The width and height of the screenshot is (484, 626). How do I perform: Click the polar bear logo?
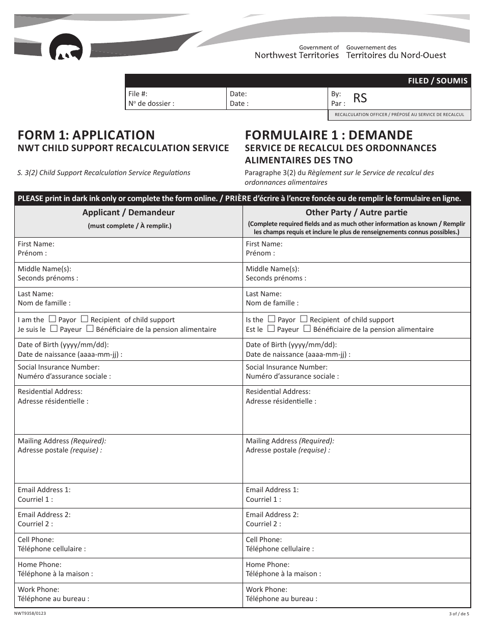(x=66, y=48)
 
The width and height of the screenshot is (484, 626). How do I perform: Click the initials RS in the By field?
(x=360, y=98)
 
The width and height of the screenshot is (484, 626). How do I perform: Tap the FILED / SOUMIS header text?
(x=438, y=81)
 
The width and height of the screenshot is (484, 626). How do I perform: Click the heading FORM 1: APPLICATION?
(x=86, y=135)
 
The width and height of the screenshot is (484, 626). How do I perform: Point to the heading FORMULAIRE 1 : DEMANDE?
(x=329, y=135)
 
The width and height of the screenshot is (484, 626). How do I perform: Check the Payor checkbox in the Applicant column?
(x=52, y=319)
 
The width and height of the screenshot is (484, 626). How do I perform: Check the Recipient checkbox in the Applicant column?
(x=85, y=319)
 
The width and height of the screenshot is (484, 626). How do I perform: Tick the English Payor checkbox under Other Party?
(x=272, y=319)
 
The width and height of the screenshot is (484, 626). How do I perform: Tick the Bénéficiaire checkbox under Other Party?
(x=307, y=329)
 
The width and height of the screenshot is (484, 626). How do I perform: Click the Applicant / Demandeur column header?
(x=128, y=213)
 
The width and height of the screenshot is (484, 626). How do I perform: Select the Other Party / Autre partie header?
(x=356, y=213)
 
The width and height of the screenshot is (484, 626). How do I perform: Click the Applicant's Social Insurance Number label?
(x=59, y=367)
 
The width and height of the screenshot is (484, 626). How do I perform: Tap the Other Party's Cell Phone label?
(x=263, y=539)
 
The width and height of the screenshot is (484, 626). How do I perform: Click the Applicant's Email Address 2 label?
(x=44, y=515)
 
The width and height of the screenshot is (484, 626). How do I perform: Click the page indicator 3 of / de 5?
(x=459, y=614)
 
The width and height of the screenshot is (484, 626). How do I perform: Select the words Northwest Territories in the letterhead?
(x=297, y=55)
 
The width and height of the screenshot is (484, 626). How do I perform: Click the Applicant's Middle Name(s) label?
(x=44, y=269)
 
